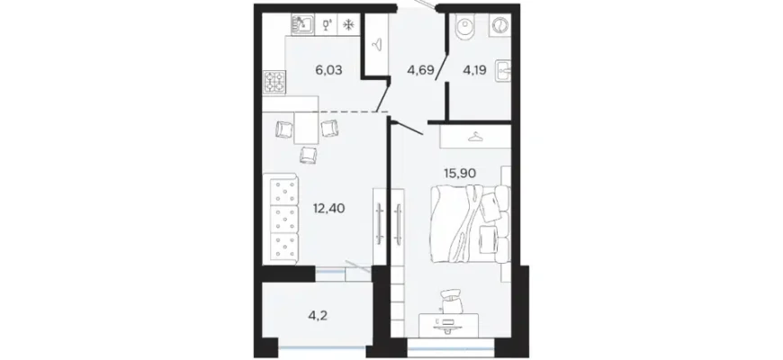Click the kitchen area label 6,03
(x=328, y=70)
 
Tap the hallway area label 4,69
(x=420, y=70)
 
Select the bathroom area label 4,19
(x=475, y=70)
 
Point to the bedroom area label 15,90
(x=459, y=174)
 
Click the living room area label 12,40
(x=328, y=207)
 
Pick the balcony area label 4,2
(x=317, y=315)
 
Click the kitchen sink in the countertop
(x=302, y=24)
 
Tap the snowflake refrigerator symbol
(x=349, y=24)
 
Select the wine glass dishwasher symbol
(x=328, y=24)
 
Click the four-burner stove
(x=274, y=81)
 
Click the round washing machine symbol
(x=499, y=25)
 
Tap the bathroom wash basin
(x=502, y=71)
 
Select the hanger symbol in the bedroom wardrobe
(x=475, y=136)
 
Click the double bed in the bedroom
(x=470, y=224)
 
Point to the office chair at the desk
(x=452, y=300)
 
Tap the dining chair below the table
(x=308, y=155)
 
